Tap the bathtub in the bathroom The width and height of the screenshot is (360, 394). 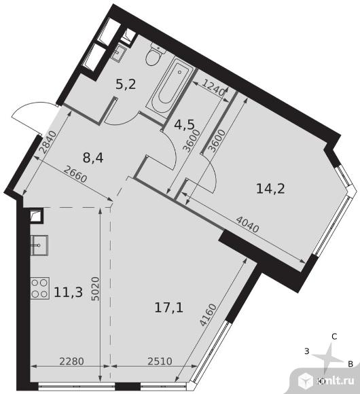pyautogui.click(x=170, y=86)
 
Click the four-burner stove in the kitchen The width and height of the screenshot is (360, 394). pyautogui.click(x=40, y=288)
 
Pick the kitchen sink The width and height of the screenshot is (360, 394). pyautogui.click(x=39, y=245)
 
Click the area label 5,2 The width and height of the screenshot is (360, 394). pyautogui.click(x=126, y=84)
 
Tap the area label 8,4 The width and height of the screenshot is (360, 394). pyautogui.click(x=93, y=158)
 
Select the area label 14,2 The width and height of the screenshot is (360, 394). pyautogui.click(x=270, y=188)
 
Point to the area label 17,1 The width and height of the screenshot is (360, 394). pyautogui.click(x=169, y=308)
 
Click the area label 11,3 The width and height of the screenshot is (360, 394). pyautogui.click(x=69, y=292)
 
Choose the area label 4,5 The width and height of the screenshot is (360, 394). pyautogui.click(x=184, y=124)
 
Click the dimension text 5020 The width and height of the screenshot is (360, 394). pyautogui.click(x=96, y=289)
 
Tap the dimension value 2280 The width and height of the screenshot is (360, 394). pyautogui.click(x=71, y=361)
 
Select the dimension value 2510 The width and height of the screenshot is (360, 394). pyautogui.click(x=160, y=361)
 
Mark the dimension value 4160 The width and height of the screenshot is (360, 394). pyautogui.click(x=209, y=315)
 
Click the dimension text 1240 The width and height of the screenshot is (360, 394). pyautogui.click(x=213, y=88)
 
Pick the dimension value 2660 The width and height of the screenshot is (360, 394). pyautogui.click(x=75, y=174)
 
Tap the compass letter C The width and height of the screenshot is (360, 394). pyautogui.click(x=334, y=336)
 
